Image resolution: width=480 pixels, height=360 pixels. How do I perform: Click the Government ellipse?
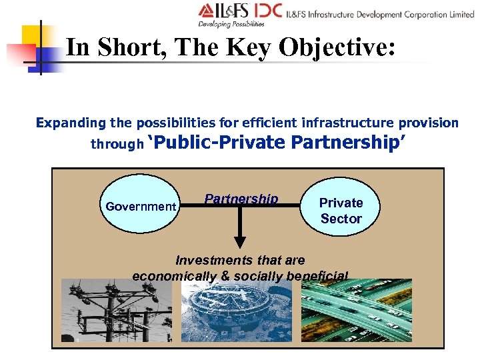[141, 206]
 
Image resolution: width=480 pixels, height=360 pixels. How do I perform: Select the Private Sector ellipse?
[341, 210]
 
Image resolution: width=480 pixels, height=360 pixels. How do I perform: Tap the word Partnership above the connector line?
[241, 199]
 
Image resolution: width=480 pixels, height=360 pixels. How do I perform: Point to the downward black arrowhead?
[240, 242]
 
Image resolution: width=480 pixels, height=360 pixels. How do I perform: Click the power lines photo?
[113, 311]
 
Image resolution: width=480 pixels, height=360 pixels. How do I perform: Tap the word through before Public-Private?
[117, 143]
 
